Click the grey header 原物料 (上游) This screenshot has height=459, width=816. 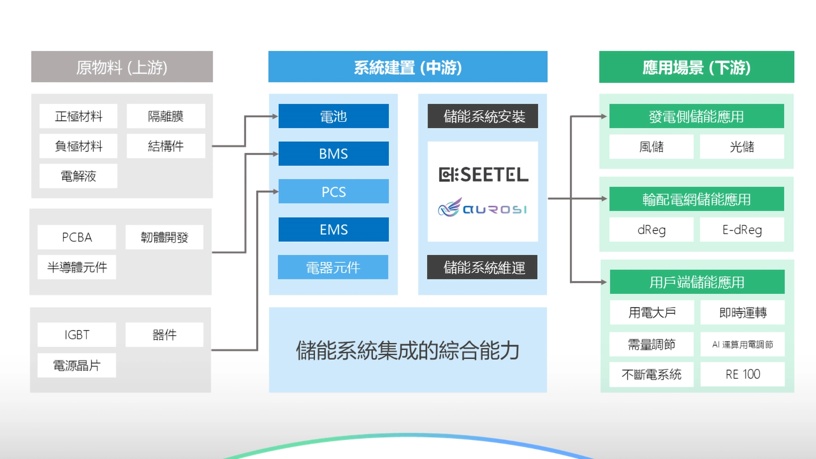coord(122,67)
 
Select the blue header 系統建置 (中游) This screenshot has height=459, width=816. coord(408,67)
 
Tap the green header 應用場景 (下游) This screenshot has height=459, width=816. coord(696,67)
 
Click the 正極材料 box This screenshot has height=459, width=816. coord(78,116)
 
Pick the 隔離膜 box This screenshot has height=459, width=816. coord(166,116)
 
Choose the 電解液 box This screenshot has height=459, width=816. coord(78,176)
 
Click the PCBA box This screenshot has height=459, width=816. coord(77,237)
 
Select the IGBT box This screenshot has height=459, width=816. coord(77,335)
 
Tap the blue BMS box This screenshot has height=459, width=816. coord(333,154)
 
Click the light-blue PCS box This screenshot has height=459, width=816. coord(333,191)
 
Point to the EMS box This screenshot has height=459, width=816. coord(333,229)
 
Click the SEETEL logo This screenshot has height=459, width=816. coord(483,175)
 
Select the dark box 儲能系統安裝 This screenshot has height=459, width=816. coord(483,116)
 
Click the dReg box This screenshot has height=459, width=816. coord(651,230)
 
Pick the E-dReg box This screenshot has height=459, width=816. coord(742,230)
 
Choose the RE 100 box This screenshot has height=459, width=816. coord(742,374)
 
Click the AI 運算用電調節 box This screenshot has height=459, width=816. coord(742,344)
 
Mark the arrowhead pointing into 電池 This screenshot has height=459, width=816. coord(275,116)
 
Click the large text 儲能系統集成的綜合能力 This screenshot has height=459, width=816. coord(408,350)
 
